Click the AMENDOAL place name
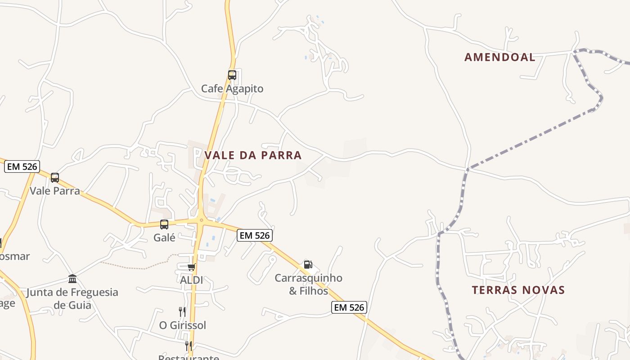point(499,57)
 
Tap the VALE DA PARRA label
point(253,155)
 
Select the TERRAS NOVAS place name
point(518,290)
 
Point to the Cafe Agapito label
point(232,89)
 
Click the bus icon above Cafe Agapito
point(232,75)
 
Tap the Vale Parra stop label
point(54,191)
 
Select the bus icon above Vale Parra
point(54,178)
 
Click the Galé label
point(164,238)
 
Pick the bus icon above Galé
point(164,225)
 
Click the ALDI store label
point(191,280)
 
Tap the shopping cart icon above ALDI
point(191,267)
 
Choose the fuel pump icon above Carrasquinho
point(308,265)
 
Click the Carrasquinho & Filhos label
point(308,284)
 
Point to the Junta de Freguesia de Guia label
point(72,298)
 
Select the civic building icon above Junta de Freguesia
point(72,279)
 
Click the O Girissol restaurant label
point(182,325)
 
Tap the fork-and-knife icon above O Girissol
point(182,311)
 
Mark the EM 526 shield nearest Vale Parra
point(22,166)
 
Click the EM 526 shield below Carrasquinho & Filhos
point(349,307)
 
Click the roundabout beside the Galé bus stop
point(201,220)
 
